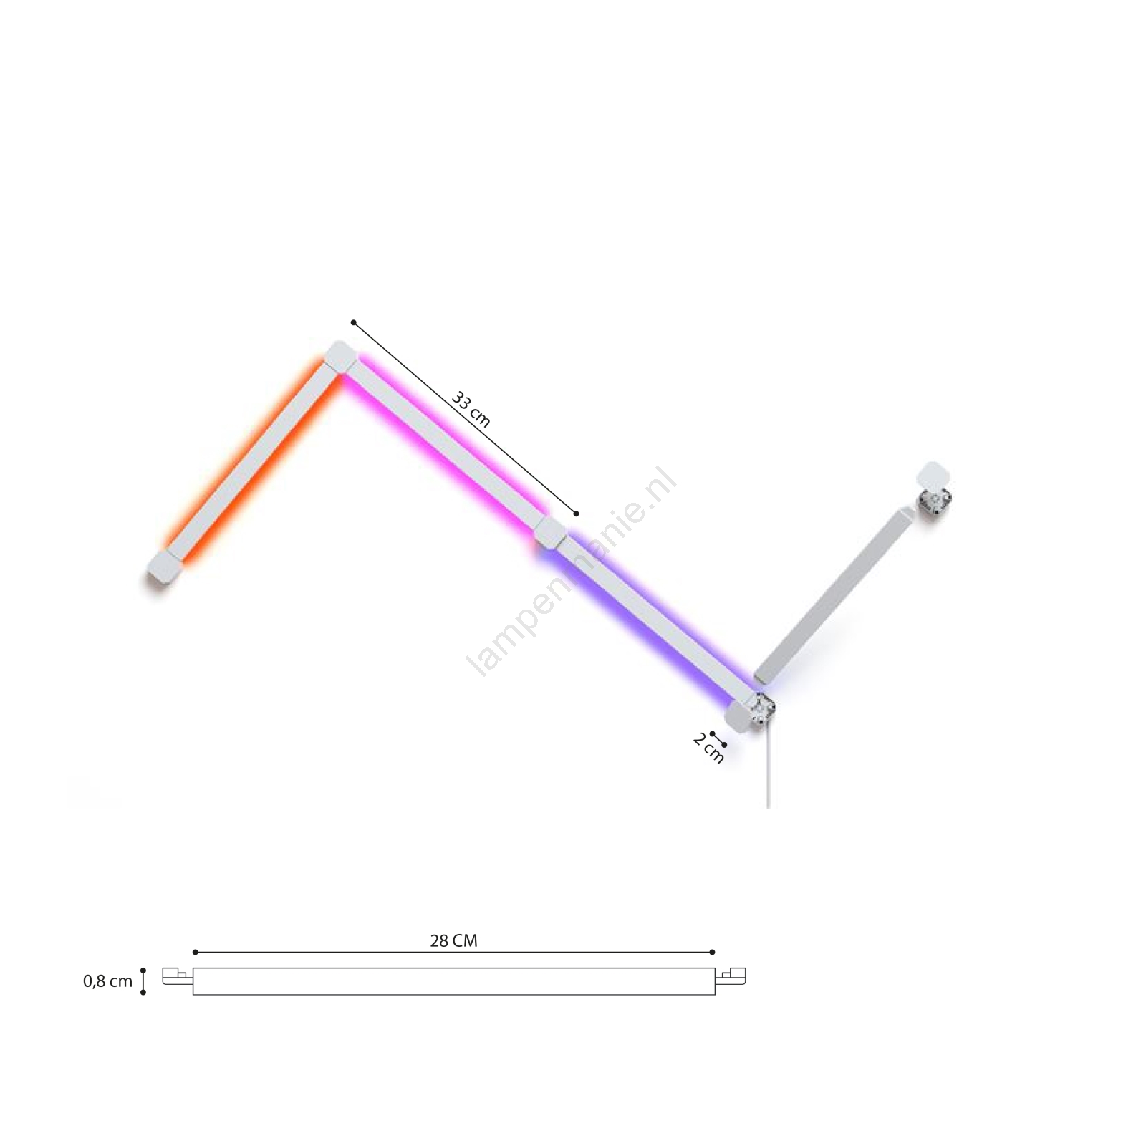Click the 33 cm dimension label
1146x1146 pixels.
471,409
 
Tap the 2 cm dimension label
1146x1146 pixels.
708,749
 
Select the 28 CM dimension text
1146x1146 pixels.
453,940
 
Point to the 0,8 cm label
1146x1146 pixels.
108,981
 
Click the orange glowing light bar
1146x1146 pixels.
251,463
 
